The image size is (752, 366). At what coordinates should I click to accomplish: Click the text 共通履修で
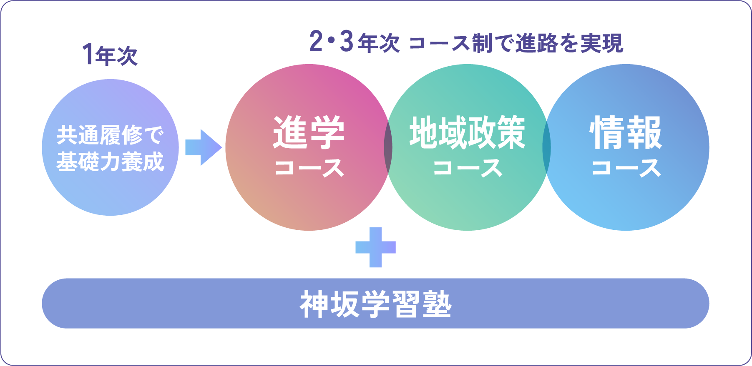tap(110, 135)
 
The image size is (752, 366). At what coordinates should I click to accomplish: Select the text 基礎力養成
tap(110, 162)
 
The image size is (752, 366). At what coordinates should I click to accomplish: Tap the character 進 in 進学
tap(290, 132)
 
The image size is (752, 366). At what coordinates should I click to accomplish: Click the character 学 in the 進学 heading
tap(327, 132)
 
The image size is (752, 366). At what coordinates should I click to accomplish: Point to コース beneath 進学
tap(309, 168)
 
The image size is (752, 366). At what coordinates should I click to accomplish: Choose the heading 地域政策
tap(467, 132)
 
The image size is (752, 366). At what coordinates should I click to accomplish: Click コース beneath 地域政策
tap(467, 168)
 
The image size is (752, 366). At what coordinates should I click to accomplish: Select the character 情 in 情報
tap(607, 132)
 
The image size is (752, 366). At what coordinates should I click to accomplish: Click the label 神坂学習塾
tap(375, 305)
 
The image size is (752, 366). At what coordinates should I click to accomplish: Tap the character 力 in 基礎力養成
tap(110, 162)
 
